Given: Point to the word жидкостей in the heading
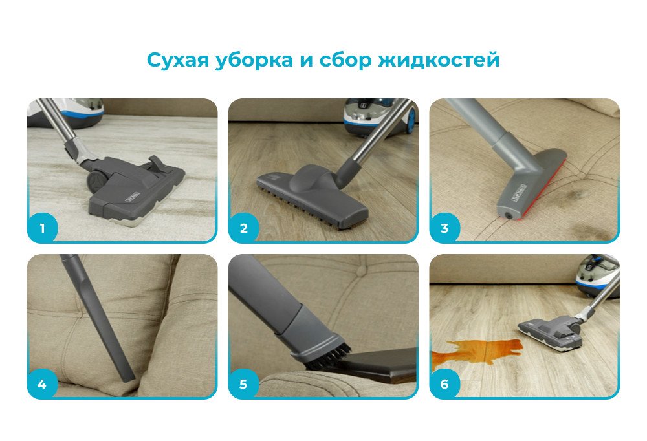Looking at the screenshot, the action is [x=439, y=60].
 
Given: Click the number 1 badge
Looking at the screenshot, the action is [x=42, y=228].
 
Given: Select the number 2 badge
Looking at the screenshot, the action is [x=243, y=228].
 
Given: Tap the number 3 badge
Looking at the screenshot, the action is [x=444, y=228].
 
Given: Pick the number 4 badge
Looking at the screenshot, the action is [x=42, y=384].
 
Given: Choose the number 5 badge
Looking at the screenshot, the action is [x=243, y=384].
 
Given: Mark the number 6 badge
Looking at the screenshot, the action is [x=444, y=384].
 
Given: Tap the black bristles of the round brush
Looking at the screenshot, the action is [x=328, y=356].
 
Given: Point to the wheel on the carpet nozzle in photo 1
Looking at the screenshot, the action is [x=96, y=180].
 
